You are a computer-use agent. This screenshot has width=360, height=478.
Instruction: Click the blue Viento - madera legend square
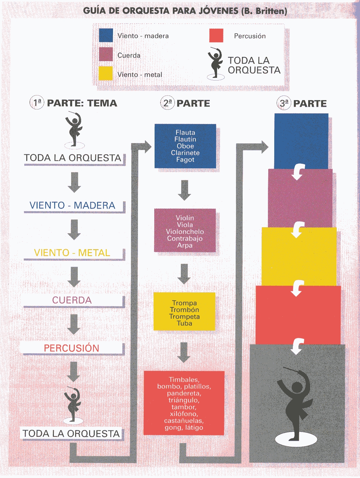point(106,35)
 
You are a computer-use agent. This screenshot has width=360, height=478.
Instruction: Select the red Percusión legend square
point(216,35)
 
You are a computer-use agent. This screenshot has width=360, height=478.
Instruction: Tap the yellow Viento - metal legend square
point(105,74)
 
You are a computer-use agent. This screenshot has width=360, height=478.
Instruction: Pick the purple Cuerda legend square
point(106,54)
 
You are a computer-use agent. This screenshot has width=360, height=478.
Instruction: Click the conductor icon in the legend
point(215,63)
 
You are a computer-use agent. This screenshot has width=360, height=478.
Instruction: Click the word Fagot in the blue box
point(185,159)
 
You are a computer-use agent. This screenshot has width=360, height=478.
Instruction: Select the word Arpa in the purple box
point(185,245)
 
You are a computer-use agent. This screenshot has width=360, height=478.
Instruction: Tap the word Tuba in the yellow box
point(184,323)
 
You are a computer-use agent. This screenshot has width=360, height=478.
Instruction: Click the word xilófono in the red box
point(184,413)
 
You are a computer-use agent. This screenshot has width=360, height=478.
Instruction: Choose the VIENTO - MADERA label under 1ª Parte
point(72,205)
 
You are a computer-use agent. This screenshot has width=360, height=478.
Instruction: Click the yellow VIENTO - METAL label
point(72,253)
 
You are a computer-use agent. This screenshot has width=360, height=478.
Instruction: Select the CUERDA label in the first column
point(72,300)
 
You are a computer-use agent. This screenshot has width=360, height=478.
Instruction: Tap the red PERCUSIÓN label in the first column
point(71,348)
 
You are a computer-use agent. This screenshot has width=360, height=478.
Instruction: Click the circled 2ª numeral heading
point(167,103)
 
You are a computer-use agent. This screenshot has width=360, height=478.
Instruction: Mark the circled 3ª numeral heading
point(284,103)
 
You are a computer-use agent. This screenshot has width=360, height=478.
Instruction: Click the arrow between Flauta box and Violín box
point(184,190)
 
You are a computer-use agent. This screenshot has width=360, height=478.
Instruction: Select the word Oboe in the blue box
point(185,146)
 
